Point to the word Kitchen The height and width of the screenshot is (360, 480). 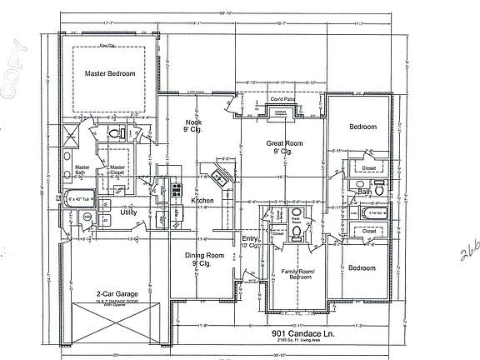click(x=203, y=201)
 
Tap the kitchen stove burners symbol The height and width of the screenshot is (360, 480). click(x=176, y=191)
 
